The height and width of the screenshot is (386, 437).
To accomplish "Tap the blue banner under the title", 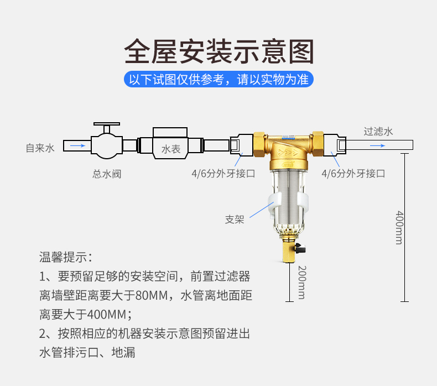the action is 218,79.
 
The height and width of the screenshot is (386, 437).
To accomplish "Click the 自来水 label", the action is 40,148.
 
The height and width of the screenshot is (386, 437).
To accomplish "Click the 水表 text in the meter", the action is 171,149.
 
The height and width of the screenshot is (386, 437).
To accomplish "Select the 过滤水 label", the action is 378,132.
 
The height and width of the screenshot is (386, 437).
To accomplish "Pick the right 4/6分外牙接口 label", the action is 353,174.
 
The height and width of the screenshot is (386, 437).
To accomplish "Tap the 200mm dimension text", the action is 301,282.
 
